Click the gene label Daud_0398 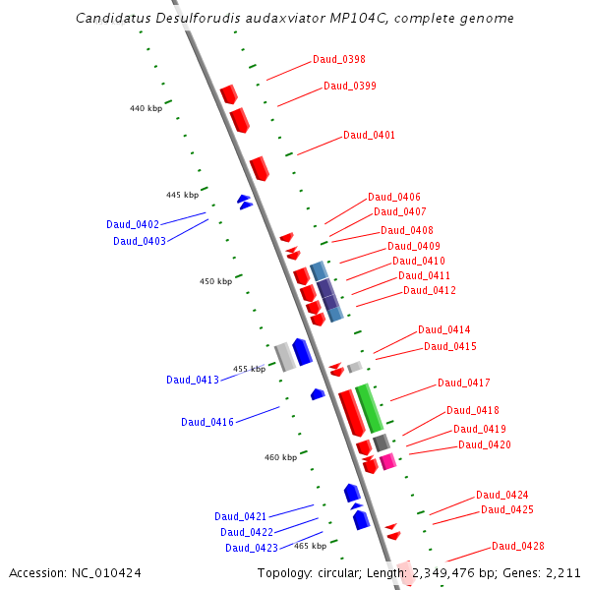[339, 59]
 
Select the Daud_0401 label [369, 136]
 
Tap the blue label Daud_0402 [133, 225]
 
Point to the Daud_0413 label [192, 381]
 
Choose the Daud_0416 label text [206, 423]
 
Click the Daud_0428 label [517, 547]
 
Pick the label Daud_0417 [463, 383]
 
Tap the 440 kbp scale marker [146, 108]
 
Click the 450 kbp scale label [215, 282]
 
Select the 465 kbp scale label [310, 546]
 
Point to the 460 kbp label [280, 458]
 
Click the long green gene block [369, 408]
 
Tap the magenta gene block [387, 461]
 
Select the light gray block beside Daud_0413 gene [284, 356]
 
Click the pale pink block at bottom [404, 574]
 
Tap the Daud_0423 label [251, 549]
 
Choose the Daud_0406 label [394, 198]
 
